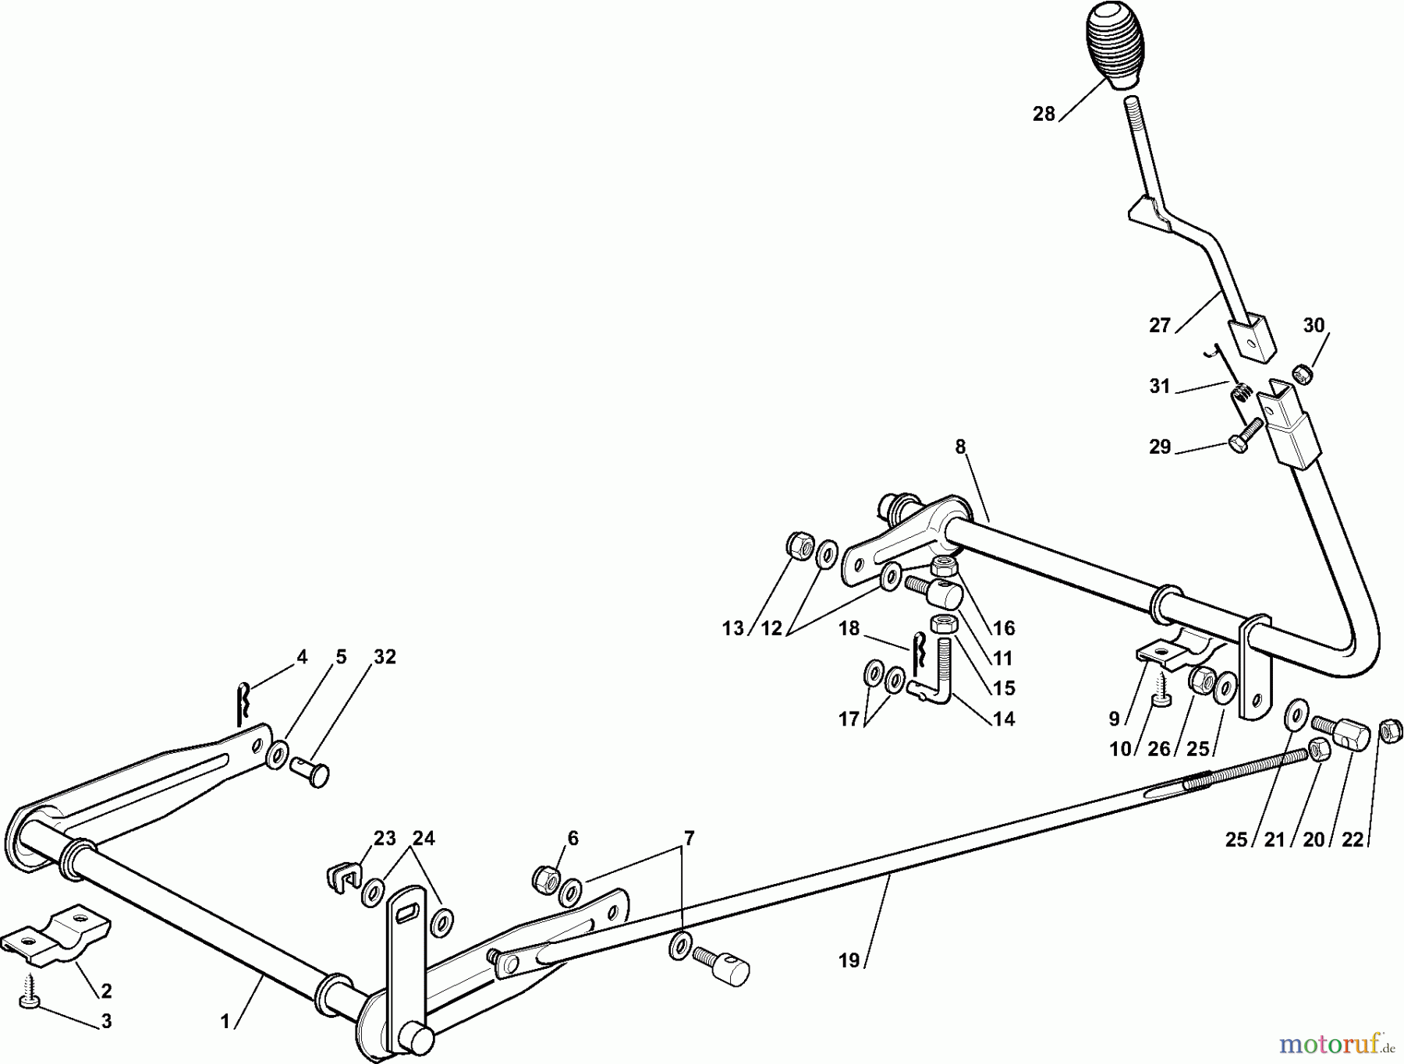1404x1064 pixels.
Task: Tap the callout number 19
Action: click(x=849, y=960)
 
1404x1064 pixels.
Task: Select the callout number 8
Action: click(x=960, y=447)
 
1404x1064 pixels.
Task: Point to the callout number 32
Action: click(x=385, y=657)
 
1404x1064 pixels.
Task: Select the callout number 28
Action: click(x=1044, y=114)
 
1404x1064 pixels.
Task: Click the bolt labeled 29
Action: click(x=1246, y=433)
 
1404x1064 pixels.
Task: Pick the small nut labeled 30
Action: click(x=1300, y=374)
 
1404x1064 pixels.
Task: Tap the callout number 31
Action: click(x=1160, y=386)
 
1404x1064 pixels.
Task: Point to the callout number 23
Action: click(x=385, y=838)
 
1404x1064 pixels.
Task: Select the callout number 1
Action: click(x=225, y=1021)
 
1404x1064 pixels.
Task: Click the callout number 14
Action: click(x=1004, y=719)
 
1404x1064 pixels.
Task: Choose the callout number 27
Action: click(x=1160, y=325)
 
